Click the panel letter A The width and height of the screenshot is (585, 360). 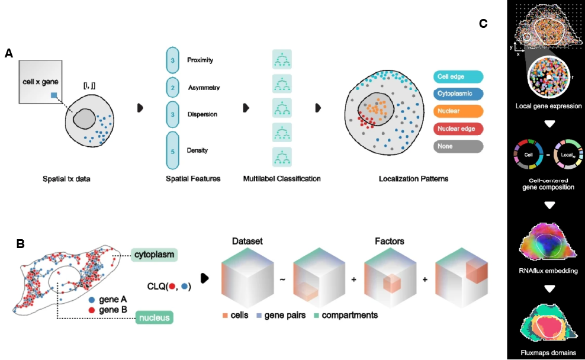(9, 53)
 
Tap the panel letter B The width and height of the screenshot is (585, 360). (20, 243)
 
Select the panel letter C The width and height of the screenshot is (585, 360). (483, 24)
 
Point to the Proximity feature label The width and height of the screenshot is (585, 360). (200, 60)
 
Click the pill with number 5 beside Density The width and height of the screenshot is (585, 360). (172, 151)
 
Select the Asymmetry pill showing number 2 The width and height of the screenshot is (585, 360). (172, 87)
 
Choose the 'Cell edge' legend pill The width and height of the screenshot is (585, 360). (458, 76)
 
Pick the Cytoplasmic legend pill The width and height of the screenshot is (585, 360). (458, 94)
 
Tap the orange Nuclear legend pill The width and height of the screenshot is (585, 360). (458, 111)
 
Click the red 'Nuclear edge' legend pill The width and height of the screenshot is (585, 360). (458, 128)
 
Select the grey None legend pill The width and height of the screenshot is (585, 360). (458, 146)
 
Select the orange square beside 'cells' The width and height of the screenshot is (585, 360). (226, 316)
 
